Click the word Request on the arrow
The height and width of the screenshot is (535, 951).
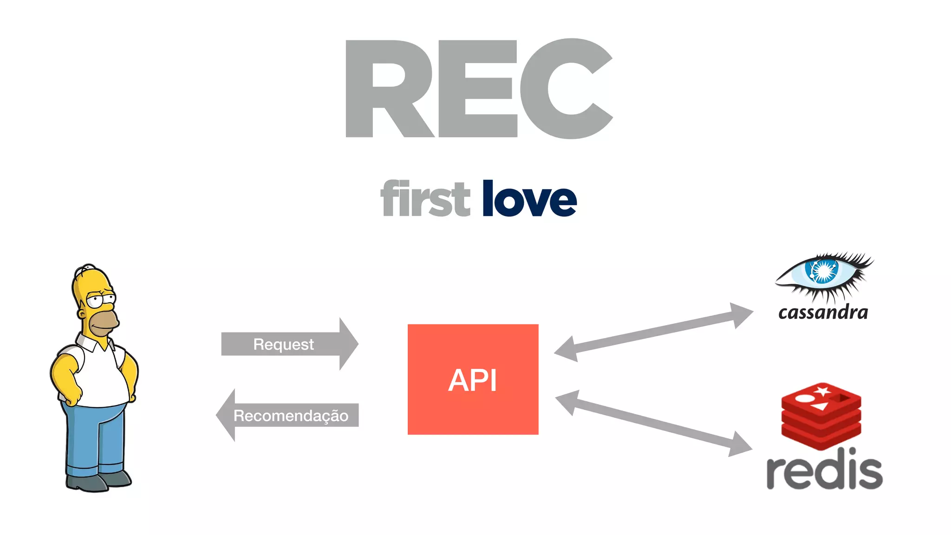(x=283, y=344)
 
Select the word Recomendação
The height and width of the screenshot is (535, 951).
(x=291, y=415)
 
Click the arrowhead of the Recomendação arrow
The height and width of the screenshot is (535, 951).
(x=227, y=415)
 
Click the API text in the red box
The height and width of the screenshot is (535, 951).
(x=473, y=380)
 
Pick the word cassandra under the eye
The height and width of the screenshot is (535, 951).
(x=823, y=312)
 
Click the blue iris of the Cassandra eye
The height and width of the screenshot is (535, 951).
(x=822, y=271)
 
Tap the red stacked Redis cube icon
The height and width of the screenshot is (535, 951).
(x=821, y=416)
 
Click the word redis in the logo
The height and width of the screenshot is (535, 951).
(x=824, y=470)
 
